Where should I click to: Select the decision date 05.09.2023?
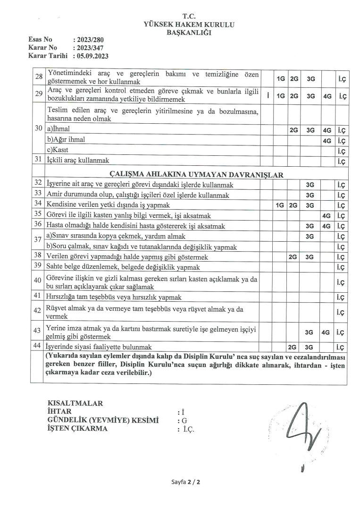pos(91,55)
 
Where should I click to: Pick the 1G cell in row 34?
pos(280,205)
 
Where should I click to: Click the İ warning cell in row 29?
pos(268,96)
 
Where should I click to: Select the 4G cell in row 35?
pos(326,215)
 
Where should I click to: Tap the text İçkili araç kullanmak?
pos(77,161)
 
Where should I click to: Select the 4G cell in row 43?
pos(326,332)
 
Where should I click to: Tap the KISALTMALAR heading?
pos(75,403)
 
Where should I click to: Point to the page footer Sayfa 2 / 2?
pos(186,482)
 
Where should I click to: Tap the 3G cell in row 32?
pos(310,185)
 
